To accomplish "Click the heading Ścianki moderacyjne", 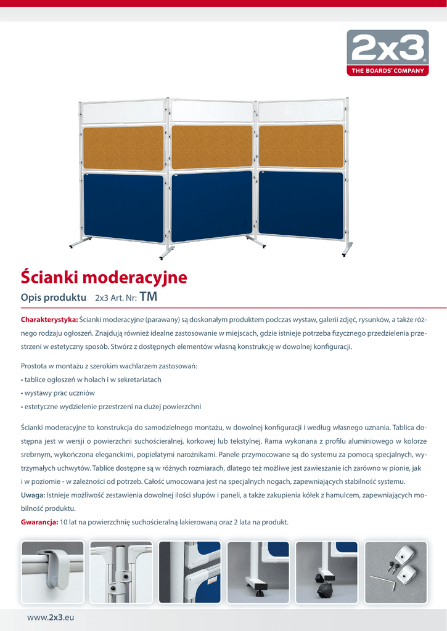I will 104,277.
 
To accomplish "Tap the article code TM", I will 149,297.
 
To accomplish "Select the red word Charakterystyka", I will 49,319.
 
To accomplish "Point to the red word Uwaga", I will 33,495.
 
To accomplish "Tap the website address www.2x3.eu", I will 51,617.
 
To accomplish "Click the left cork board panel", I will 123,148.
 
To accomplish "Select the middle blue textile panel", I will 211,206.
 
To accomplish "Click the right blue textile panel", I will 300,204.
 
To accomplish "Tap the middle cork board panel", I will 211,147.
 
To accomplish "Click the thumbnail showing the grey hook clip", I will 52,572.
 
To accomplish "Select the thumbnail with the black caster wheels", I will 326,572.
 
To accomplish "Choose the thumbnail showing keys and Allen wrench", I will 395,572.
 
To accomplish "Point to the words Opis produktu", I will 53,298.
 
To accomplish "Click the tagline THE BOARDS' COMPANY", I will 388,71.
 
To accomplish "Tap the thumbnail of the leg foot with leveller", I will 258,572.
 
